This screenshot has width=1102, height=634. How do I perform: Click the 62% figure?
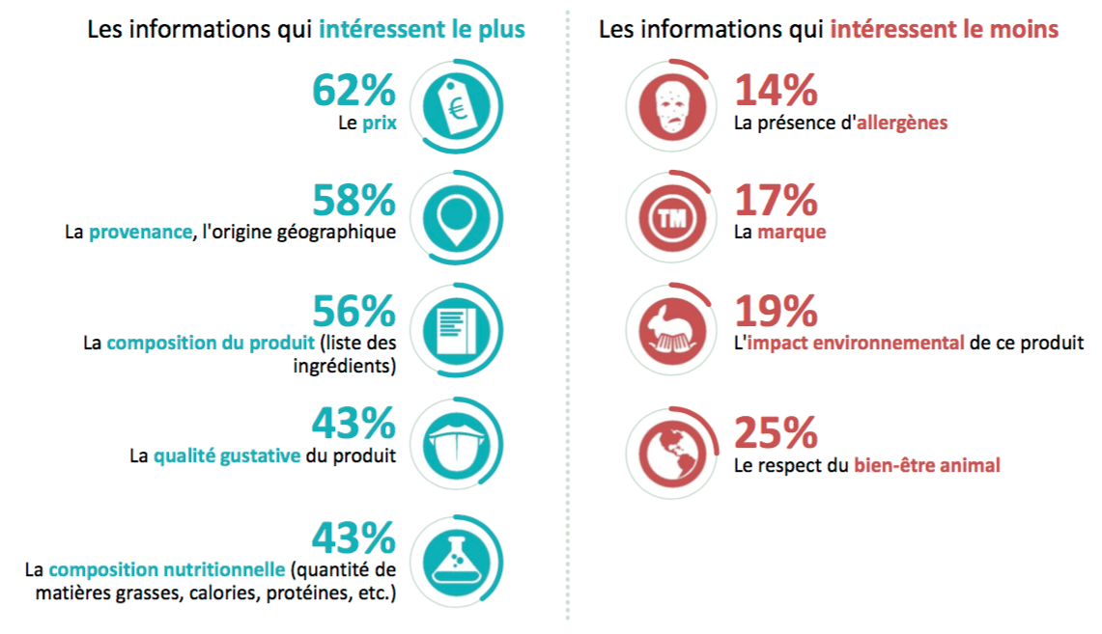coord(353,91)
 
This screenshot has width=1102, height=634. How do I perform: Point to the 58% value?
coord(353,201)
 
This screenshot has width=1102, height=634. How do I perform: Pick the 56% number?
coord(353,311)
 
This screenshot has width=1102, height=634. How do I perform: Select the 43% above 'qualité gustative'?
coord(353,423)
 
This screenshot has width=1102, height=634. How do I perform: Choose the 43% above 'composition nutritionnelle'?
coord(353,536)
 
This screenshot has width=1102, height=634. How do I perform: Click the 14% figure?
coord(777,91)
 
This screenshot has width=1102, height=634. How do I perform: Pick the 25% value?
coord(777,433)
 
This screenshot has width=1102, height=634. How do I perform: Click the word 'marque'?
coord(791,233)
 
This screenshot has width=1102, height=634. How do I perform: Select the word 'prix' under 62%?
coord(379,124)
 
